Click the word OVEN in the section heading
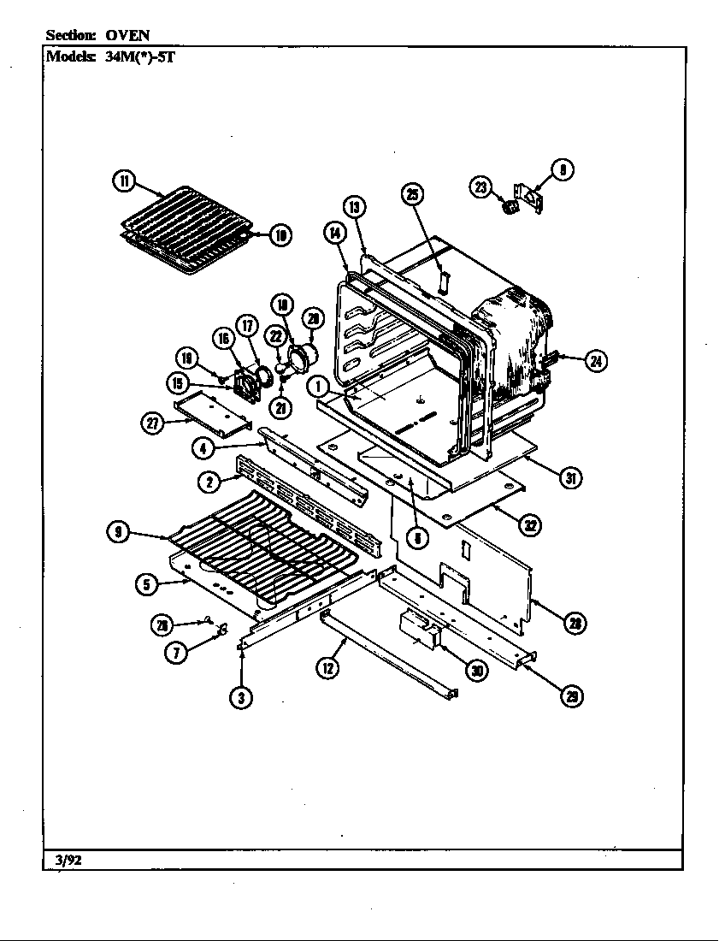(x=128, y=35)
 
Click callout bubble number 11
(x=124, y=181)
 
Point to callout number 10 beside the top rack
(x=280, y=234)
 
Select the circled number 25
(x=412, y=195)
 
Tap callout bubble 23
(x=481, y=187)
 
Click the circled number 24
(x=596, y=362)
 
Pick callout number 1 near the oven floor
(x=319, y=387)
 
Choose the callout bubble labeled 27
(x=154, y=422)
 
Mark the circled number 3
(x=242, y=697)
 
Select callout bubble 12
(x=328, y=667)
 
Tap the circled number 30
(x=477, y=671)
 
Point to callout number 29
(x=570, y=696)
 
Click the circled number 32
(x=530, y=525)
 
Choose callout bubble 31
(x=569, y=478)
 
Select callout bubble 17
(x=247, y=325)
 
